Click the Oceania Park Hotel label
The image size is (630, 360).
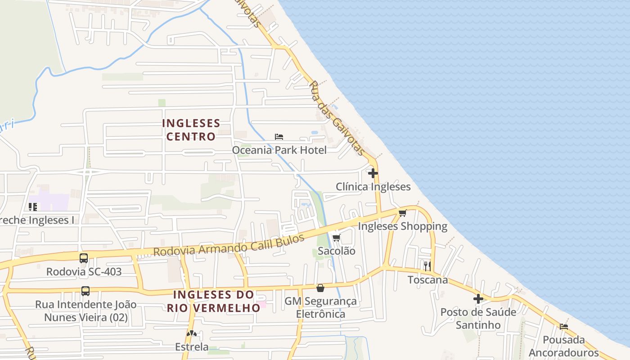coord(279,150)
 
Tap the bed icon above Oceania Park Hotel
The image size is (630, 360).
coord(279,136)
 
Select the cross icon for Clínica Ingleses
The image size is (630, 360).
coord(373,173)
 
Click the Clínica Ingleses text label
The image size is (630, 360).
coord(373,187)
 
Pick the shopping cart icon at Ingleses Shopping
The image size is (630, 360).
coord(402,213)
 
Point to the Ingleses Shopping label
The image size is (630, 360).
coord(402,226)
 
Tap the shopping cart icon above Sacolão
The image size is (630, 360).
coord(336,238)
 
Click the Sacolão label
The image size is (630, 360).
coord(336,251)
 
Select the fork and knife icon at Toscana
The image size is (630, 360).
coord(427,266)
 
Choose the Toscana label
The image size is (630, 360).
coord(427,280)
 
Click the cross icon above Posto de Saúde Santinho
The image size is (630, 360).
coord(478,298)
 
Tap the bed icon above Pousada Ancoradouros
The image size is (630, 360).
coord(564,326)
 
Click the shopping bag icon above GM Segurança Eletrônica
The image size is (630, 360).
coord(320,288)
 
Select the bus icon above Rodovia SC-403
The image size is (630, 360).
coord(84,258)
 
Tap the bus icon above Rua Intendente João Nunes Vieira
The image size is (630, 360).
coord(85,291)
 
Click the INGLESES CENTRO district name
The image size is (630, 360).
coord(191,130)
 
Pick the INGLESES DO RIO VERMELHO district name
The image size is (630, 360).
coord(214,301)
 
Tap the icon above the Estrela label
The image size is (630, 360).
coord(192,334)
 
